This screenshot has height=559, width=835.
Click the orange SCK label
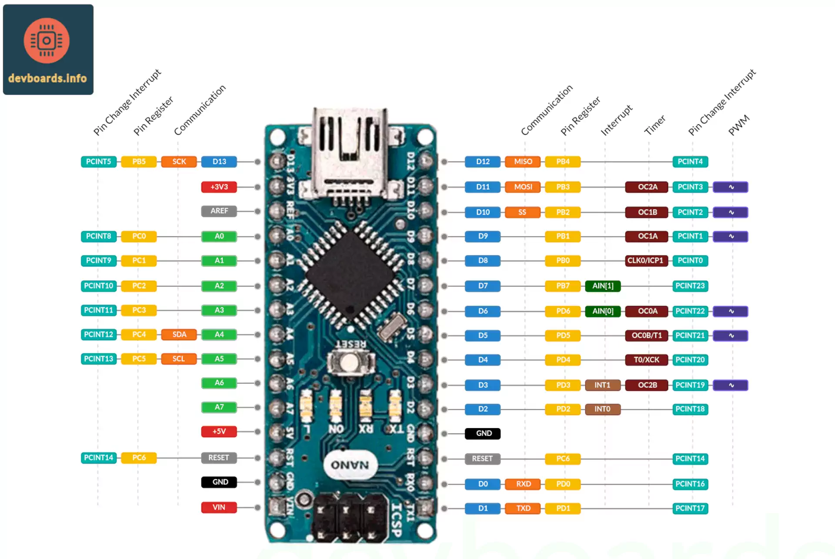(179, 162)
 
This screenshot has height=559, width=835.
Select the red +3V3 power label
(219, 187)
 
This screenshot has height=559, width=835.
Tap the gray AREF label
(219, 211)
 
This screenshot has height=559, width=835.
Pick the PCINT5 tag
(98, 162)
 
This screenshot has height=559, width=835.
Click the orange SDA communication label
(179, 334)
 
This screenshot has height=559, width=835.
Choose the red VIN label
(219, 507)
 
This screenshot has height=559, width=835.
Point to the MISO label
(523, 162)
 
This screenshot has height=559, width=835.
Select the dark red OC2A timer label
(647, 187)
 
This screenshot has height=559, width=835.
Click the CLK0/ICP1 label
(645, 260)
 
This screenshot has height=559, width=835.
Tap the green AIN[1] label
(603, 286)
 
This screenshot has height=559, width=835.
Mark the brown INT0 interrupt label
(602, 409)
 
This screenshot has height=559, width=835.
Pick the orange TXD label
(523, 508)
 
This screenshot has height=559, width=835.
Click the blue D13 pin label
(219, 162)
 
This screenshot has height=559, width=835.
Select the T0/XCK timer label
(646, 359)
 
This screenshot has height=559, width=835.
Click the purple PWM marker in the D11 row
(731, 187)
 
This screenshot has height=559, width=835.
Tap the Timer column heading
(655, 125)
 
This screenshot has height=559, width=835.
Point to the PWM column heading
(739, 125)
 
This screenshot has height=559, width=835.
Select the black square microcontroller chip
(351, 274)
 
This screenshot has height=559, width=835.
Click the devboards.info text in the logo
(47, 78)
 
